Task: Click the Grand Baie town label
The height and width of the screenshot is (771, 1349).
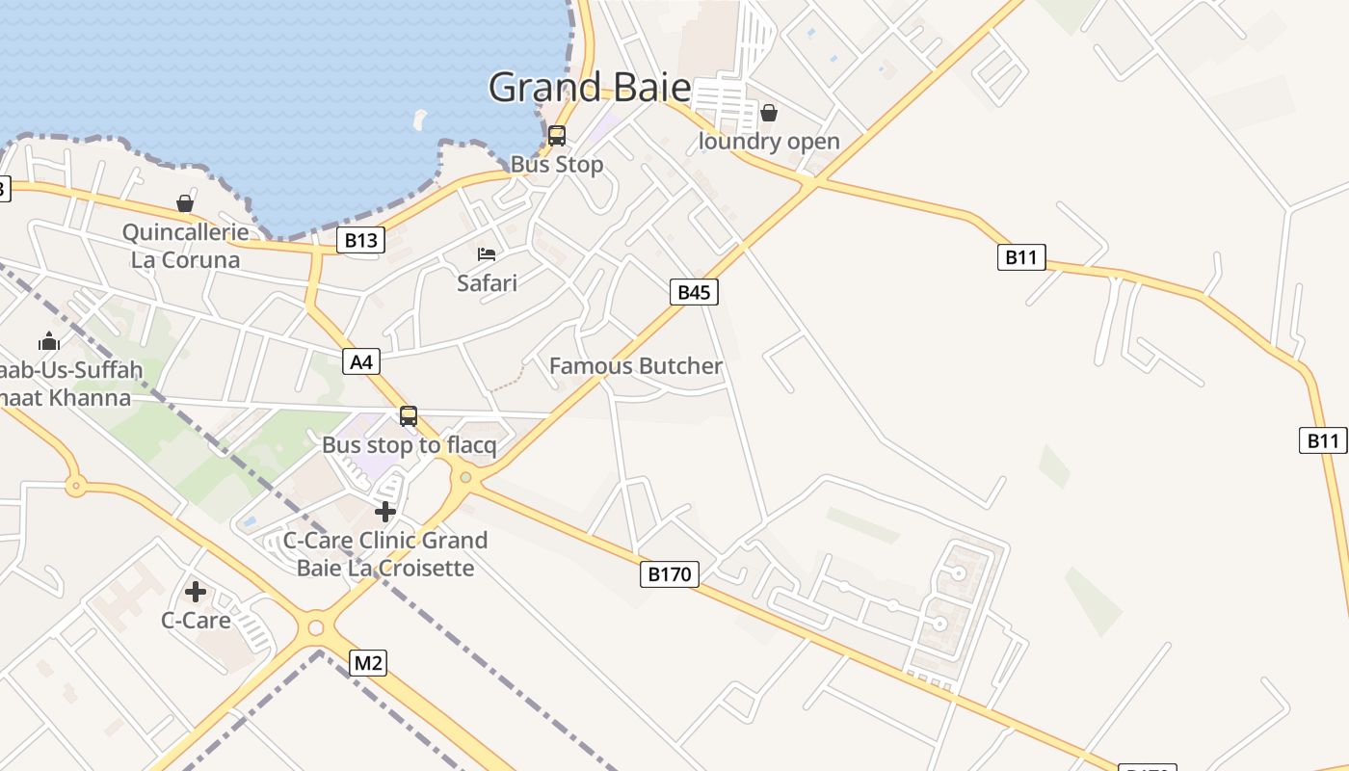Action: pos(590,88)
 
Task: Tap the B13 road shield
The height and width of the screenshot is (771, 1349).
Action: pos(360,240)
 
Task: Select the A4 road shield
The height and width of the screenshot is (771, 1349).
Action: pos(361,362)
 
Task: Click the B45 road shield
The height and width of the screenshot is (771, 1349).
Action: pos(694,292)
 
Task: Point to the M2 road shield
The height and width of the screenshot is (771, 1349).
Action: pos(367,663)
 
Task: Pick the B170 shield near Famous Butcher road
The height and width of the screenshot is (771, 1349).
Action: pos(669,574)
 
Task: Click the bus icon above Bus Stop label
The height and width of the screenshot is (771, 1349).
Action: pos(557,136)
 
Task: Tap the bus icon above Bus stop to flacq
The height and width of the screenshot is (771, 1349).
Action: pos(409,416)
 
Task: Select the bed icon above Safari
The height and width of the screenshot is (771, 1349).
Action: pos(487,254)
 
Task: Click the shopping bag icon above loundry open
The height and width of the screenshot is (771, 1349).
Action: pos(768,113)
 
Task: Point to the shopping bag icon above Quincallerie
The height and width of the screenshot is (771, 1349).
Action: pos(185,203)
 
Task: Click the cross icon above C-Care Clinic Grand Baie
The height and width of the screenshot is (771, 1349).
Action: pos(385,511)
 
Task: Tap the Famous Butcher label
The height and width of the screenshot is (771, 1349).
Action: pos(635,366)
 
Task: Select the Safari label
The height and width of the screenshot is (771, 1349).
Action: pos(487,283)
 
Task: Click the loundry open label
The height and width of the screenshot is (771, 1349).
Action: pos(768,142)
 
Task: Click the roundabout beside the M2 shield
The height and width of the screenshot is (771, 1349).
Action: pos(315,628)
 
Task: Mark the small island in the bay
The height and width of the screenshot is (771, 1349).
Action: pos(419,120)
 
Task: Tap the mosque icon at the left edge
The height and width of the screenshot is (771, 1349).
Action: pos(48,341)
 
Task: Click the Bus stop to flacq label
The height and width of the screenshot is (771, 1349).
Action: pos(409,445)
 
